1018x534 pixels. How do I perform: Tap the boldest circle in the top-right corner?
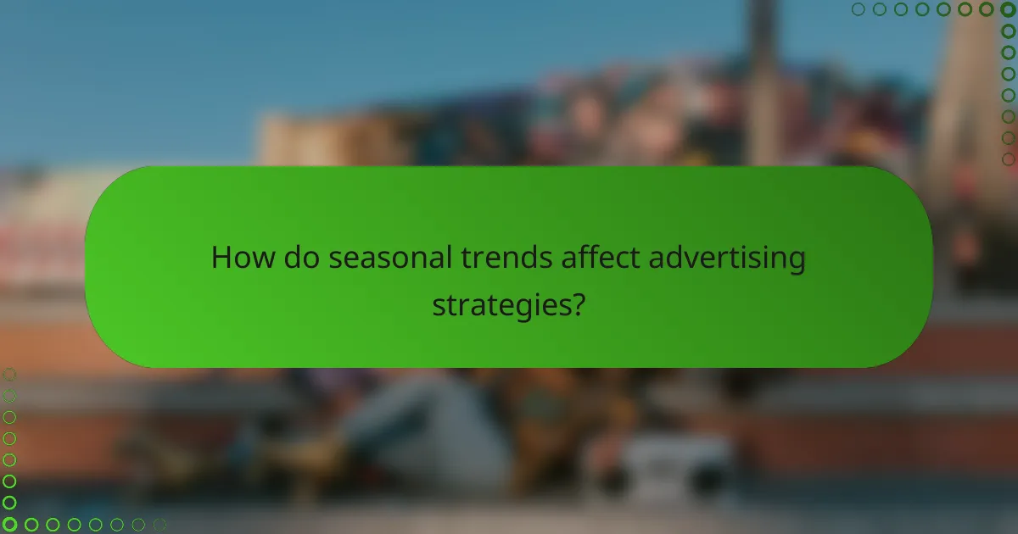1008,9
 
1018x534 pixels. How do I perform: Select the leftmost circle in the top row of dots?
859,9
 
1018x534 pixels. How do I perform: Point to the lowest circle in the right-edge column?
1008,159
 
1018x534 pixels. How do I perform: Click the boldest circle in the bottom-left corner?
9,525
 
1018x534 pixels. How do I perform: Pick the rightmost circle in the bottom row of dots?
159,525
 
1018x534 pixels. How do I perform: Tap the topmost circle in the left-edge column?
9,375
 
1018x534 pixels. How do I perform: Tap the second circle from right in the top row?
987,9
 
